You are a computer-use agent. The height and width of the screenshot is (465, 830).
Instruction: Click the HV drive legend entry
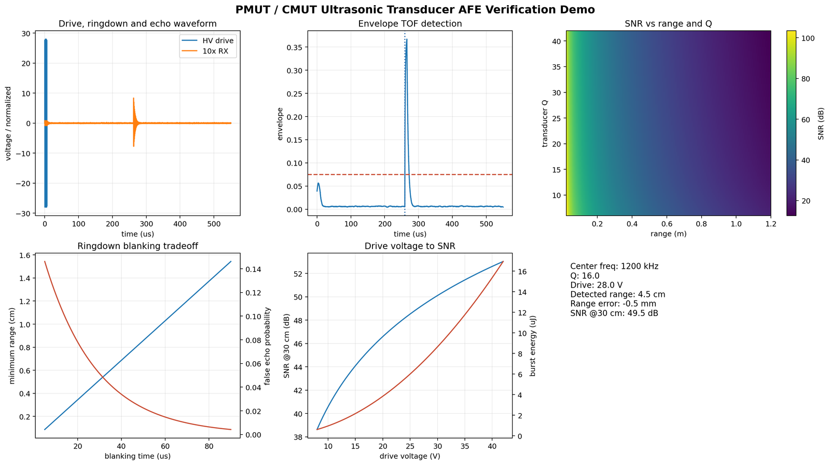pyautogui.click(x=208, y=41)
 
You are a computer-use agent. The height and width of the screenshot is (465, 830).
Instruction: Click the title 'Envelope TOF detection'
pyautogui.click(x=410, y=24)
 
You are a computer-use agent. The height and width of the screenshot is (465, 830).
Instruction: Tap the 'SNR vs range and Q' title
pyautogui.click(x=668, y=24)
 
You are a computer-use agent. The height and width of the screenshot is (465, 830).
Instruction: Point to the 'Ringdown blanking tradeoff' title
pyautogui.click(x=137, y=246)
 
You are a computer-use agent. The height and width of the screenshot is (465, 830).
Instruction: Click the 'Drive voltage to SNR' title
pyautogui.click(x=410, y=246)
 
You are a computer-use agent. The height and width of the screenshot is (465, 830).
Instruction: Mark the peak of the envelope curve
pyautogui.click(x=407, y=39)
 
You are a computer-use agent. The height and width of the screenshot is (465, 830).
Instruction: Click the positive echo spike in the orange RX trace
pyautogui.click(x=133, y=98)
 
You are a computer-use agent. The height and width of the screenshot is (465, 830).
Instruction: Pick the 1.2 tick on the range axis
pyautogui.click(x=771, y=224)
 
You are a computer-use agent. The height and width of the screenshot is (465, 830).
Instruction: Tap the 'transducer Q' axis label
pyautogui.click(x=544, y=123)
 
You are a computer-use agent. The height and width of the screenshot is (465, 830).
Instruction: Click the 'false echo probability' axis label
pyautogui.click(x=267, y=346)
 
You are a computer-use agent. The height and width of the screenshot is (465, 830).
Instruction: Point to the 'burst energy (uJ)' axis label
pyautogui.click(x=532, y=346)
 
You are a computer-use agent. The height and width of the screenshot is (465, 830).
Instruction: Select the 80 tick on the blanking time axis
pyautogui.click(x=209, y=446)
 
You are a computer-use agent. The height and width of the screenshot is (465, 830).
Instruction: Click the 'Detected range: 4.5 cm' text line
pyautogui.click(x=617, y=294)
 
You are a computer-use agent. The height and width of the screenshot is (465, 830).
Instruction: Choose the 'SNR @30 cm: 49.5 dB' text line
pyautogui.click(x=614, y=313)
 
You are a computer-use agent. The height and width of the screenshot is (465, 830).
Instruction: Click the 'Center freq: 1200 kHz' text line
pyautogui.click(x=614, y=266)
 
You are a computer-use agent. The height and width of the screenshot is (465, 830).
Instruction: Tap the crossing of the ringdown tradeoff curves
pyautogui.click(x=103, y=377)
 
